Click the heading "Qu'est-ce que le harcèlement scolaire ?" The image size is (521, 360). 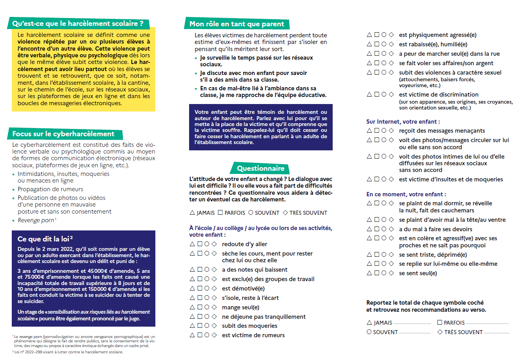[78, 24]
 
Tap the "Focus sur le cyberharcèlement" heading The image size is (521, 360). [63, 134]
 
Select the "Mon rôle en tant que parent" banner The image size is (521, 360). [237, 24]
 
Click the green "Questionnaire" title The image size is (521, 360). [260, 168]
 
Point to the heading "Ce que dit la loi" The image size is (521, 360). [45, 239]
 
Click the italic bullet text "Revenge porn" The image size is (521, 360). [36, 220]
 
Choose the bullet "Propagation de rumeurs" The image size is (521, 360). [50, 189]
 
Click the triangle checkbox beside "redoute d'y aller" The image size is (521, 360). [192, 244]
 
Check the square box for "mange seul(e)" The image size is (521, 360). [200, 307]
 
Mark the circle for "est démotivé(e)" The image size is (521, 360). [207, 288]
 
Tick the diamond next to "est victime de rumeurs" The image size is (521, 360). [214, 335]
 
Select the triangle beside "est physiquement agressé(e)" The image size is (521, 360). [369, 35]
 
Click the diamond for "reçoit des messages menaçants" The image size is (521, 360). [391, 130]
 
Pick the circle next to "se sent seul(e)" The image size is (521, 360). [384, 273]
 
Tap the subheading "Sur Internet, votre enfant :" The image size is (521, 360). [403, 122]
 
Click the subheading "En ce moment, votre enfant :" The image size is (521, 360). [406, 194]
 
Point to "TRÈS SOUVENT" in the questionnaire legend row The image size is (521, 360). [308, 213]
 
